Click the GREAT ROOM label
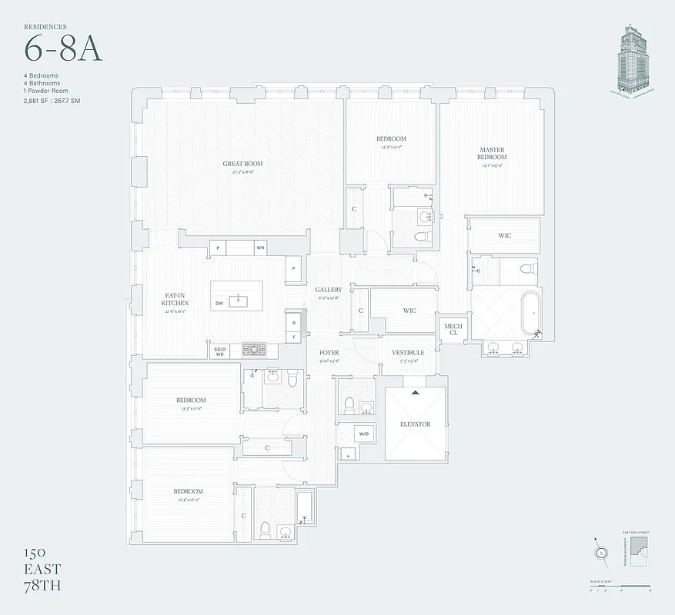pos(242,164)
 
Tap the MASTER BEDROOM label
pos(492,154)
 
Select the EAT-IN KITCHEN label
pos(175,299)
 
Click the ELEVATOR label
pos(415,424)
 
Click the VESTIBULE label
pos(408,353)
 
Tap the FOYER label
pos(329,353)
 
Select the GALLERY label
pos(329,290)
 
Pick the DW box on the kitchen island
pos(219,303)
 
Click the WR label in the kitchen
pos(261,248)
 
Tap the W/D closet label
pos(363,434)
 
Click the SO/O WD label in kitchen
pos(219,351)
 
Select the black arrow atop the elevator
pos(416,393)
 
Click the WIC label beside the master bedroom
pos(504,235)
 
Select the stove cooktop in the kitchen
pos(253,351)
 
